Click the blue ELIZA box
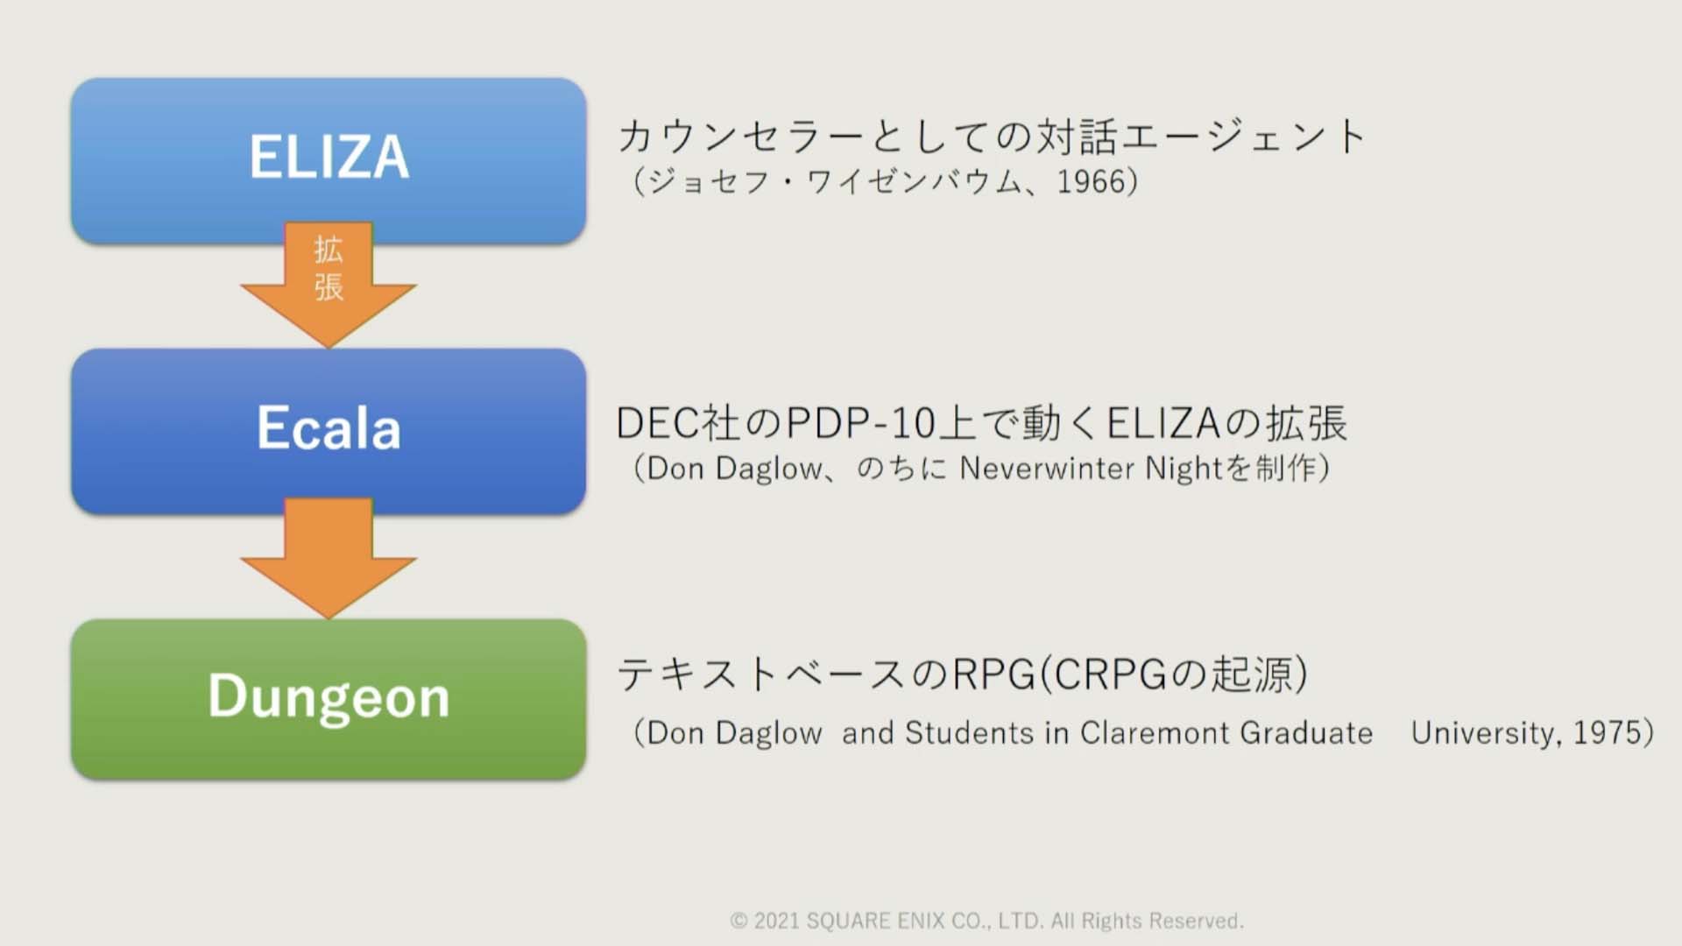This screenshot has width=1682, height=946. [329, 160]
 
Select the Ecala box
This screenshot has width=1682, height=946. [329, 431]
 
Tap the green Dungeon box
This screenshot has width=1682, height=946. [329, 699]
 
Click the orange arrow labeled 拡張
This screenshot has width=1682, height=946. [329, 285]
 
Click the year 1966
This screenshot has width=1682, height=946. [1091, 181]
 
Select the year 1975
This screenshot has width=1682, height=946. [1607, 732]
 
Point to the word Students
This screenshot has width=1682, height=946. [969, 732]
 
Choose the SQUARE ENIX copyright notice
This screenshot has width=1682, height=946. [986, 921]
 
